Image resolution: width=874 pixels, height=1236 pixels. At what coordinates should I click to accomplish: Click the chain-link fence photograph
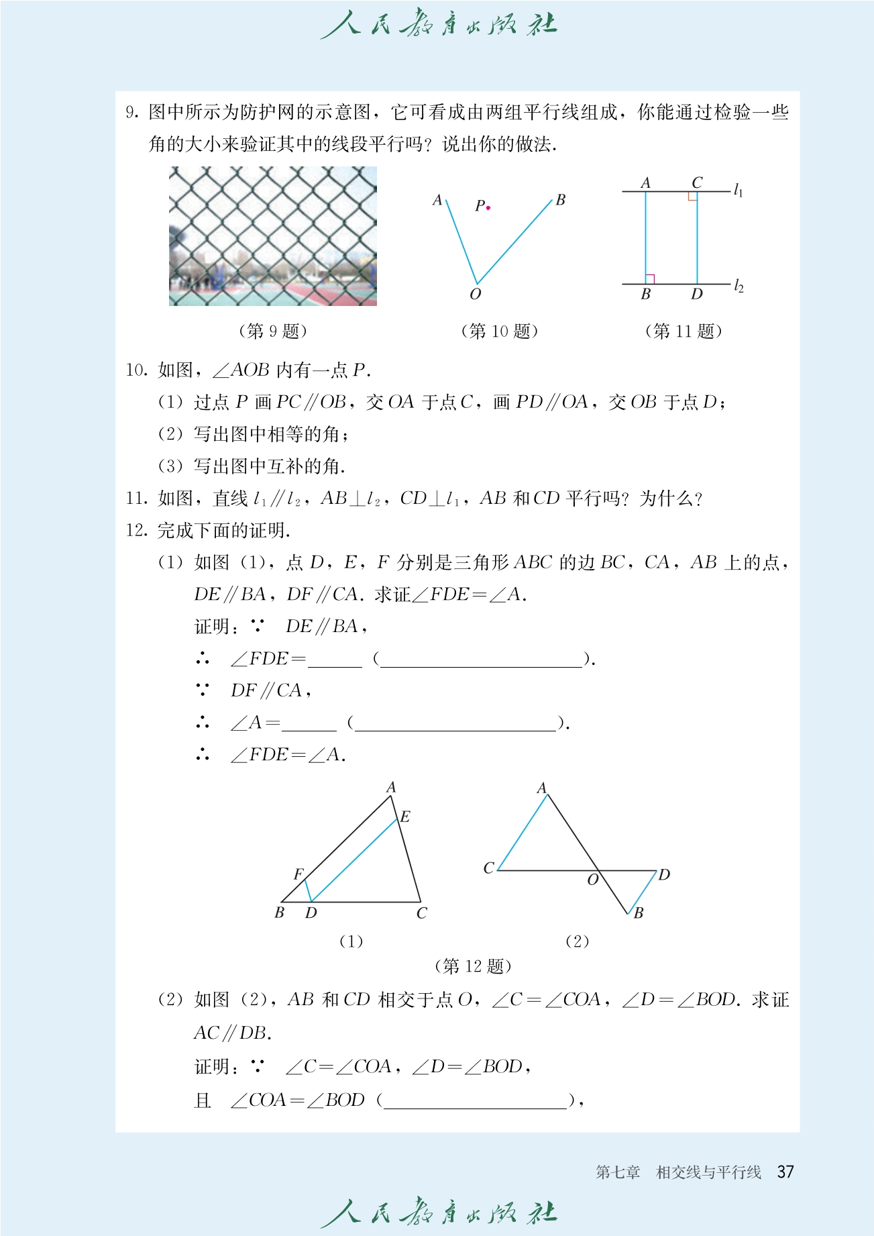(x=272, y=236)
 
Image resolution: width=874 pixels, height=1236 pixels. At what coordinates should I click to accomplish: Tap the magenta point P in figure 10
(x=488, y=208)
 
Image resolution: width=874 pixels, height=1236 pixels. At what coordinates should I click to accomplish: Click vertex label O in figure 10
(x=475, y=295)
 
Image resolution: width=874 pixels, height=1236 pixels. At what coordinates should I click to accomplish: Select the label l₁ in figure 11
(x=738, y=191)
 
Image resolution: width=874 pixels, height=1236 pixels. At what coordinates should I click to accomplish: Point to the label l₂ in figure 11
(x=738, y=287)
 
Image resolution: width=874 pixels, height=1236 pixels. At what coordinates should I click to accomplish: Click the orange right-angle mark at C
(x=692, y=197)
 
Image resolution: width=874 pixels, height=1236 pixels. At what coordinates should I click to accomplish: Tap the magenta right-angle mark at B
(x=650, y=278)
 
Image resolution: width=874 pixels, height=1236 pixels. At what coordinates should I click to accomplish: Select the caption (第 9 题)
(x=272, y=331)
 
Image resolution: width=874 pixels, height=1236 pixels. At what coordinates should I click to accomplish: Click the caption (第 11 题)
(x=683, y=331)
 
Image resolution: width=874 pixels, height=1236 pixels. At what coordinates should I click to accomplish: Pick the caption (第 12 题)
(x=473, y=966)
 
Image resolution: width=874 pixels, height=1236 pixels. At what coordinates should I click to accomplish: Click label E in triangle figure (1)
(x=405, y=817)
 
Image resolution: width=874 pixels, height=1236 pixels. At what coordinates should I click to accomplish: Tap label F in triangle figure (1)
(x=298, y=874)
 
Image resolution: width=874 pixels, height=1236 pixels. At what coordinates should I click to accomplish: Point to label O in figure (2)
(x=592, y=880)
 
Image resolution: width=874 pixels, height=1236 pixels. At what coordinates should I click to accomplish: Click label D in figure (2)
(x=664, y=875)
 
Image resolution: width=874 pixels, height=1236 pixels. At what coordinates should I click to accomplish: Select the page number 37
(x=785, y=1172)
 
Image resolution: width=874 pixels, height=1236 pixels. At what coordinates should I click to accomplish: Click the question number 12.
(x=136, y=531)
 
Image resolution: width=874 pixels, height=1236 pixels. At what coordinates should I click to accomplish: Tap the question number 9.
(x=131, y=113)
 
